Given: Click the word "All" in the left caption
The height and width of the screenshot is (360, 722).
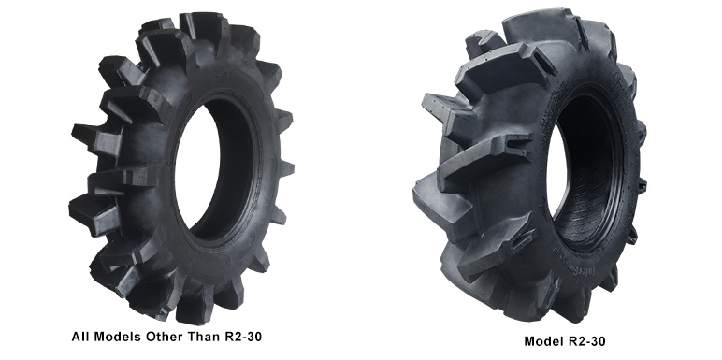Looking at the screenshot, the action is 79,337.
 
